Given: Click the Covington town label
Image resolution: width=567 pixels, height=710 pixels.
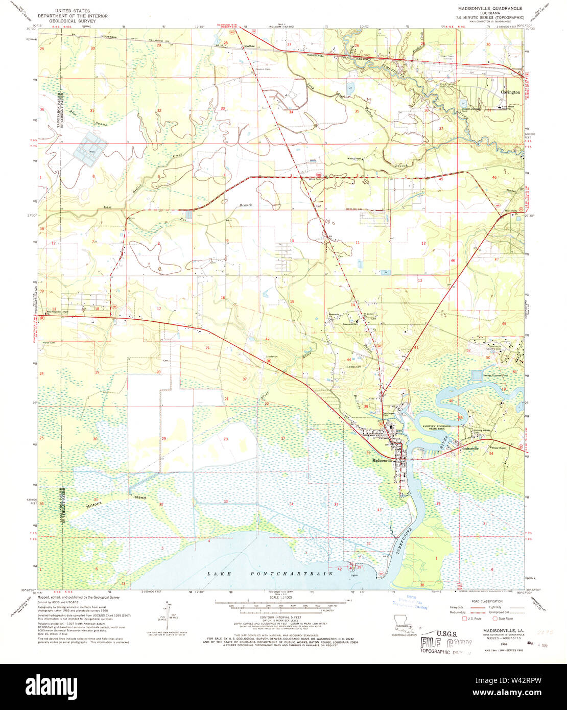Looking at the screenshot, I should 510,92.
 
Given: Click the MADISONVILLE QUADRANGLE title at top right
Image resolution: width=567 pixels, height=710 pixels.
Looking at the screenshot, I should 485,9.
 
